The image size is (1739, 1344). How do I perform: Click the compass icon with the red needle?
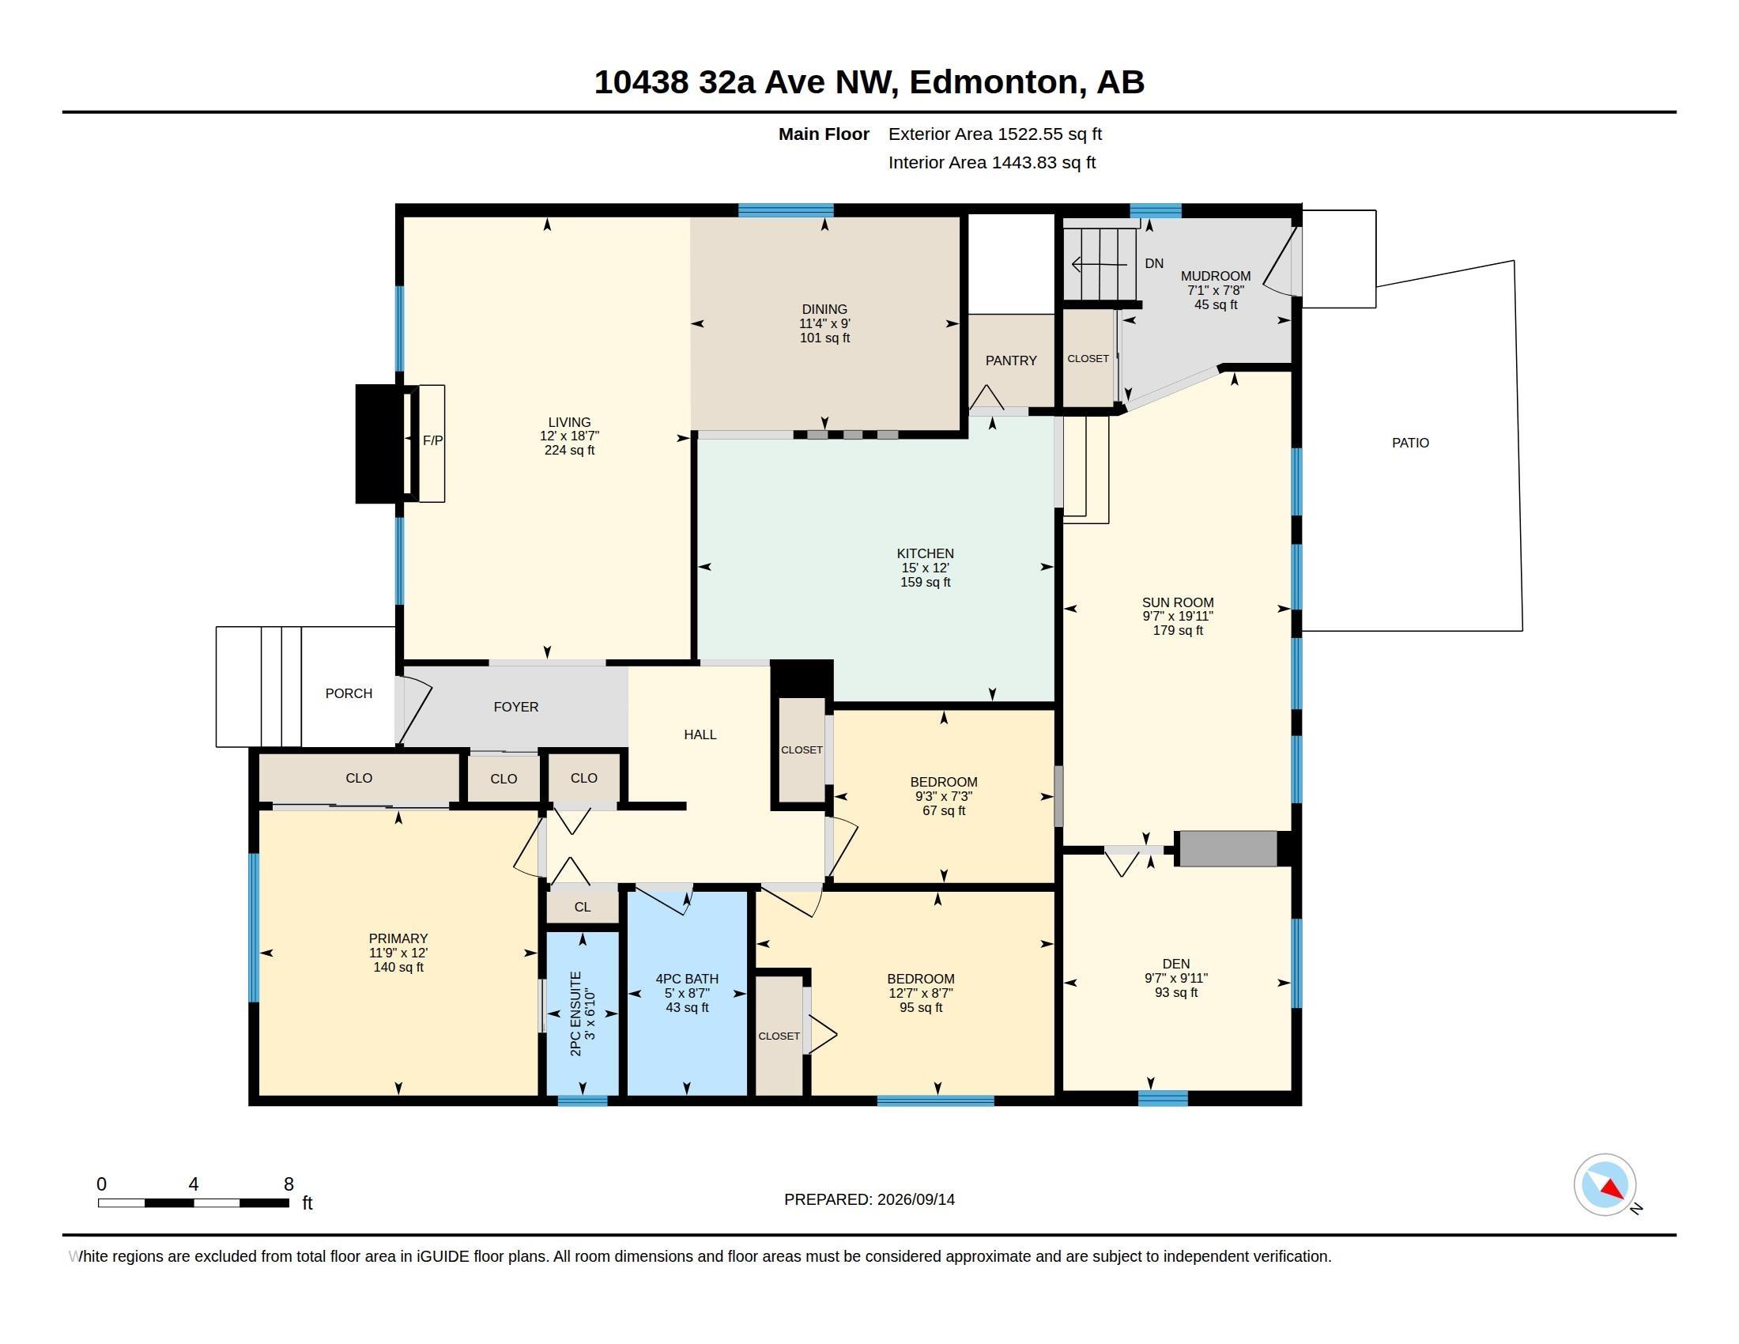click(x=1605, y=1184)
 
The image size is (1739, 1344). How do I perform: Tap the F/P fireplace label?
click(x=432, y=440)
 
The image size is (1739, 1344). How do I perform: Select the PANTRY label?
click(x=1011, y=361)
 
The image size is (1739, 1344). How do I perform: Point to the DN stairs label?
click(x=1154, y=263)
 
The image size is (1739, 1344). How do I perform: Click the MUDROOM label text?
click(x=1215, y=276)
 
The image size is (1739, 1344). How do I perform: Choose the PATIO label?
click(x=1410, y=443)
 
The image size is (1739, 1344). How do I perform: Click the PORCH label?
click(x=349, y=693)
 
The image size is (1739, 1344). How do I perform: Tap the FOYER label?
click(x=516, y=707)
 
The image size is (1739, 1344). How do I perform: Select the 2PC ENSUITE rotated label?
click(x=576, y=1014)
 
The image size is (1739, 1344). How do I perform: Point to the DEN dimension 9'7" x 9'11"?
click(x=1176, y=978)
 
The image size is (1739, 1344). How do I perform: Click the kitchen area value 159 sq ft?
click(x=926, y=582)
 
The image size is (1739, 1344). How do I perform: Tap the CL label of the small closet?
click(x=582, y=907)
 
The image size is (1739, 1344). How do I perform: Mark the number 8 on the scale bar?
click(x=289, y=1184)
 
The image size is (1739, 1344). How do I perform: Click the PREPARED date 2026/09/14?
click(x=915, y=1199)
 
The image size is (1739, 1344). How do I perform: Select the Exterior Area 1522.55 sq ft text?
click(x=995, y=134)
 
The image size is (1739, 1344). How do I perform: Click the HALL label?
click(x=700, y=735)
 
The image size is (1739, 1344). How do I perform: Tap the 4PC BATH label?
click(x=686, y=980)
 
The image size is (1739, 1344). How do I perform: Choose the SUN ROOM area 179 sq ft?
click(x=1178, y=631)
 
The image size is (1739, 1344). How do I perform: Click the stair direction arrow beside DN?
click(x=1100, y=263)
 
